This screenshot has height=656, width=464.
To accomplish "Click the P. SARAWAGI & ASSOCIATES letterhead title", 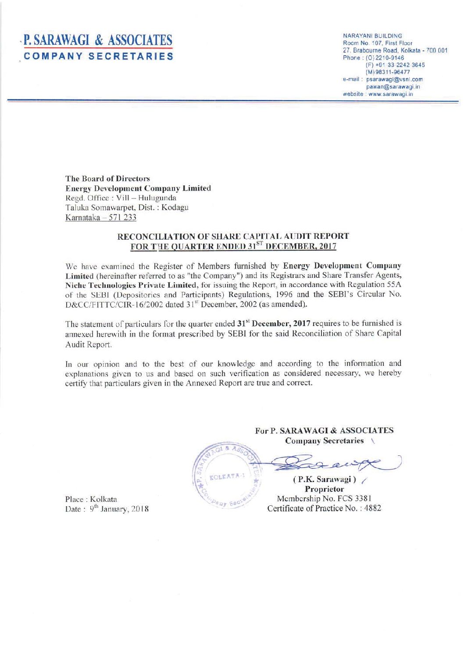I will [x=98, y=41].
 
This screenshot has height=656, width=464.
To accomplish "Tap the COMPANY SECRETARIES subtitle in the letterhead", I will [x=98, y=57].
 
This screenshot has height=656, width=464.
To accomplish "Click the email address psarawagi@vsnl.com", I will [x=394, y=80].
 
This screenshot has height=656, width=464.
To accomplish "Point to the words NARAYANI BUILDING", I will [x=372, y=36].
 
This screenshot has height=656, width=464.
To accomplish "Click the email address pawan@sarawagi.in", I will [x=393, y=87].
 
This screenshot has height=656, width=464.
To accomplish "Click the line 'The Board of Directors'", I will [x=107, y=179].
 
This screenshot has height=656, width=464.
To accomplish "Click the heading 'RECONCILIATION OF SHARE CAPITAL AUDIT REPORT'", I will [x=233, y=236].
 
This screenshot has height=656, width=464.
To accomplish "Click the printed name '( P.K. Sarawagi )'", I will [x=324, y=479].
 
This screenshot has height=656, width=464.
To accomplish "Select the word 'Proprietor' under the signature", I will [x=324, y=489].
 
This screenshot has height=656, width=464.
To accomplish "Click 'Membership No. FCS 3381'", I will [x=324, y=499].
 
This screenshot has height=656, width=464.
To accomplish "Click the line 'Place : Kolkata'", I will [x=91, y=499].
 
